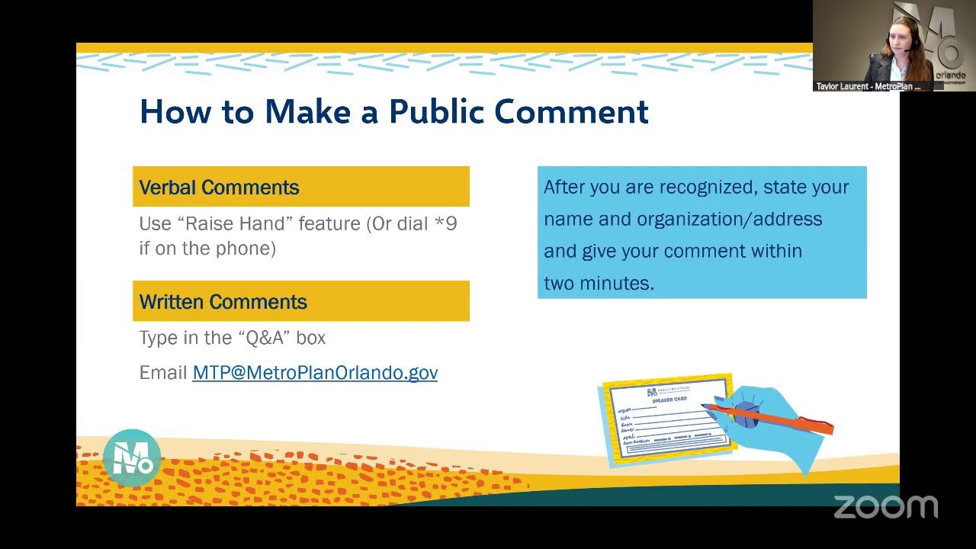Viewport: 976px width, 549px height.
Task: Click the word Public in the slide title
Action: (x=435, y=112)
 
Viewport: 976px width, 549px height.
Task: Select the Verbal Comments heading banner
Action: (x=300, y=187)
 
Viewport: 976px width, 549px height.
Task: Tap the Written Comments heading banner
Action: (x=300, y=301)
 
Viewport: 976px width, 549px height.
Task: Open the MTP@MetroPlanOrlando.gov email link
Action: (x=315, y=373)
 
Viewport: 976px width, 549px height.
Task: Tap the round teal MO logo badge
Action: (x=132, y=457)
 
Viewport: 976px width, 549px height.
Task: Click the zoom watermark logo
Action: (x=885, y=507)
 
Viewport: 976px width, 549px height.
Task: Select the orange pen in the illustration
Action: (x=770, y=419)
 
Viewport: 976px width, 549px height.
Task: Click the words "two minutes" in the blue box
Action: (x=599, y=283)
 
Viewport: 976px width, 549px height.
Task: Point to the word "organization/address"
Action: (x=729, y=220)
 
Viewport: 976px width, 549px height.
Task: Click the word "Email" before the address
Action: (x=162, y=373)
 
